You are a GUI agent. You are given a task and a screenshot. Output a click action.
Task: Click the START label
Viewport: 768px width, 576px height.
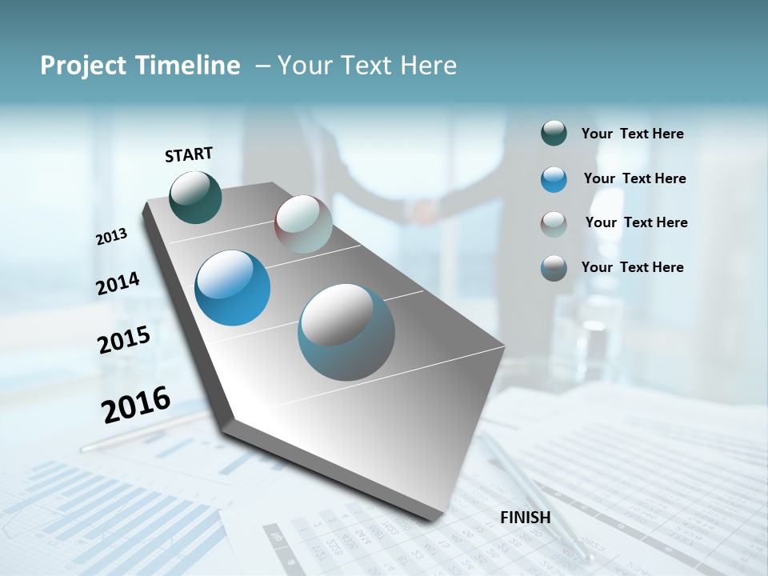pos(189,154)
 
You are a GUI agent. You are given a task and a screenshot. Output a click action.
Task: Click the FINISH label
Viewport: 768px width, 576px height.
pos(526,518)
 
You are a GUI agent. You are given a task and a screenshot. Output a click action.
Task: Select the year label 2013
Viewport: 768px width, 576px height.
pos(111,237)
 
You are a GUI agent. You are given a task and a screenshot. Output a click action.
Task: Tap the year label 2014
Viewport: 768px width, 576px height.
pos(118,283)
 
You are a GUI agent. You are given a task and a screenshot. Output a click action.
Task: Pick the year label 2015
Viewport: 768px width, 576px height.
pos(123,339)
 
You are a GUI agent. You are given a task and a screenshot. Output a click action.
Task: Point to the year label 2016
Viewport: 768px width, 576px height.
pos(136,405)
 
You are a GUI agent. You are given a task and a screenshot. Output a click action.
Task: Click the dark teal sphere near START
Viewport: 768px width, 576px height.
pos(195,197)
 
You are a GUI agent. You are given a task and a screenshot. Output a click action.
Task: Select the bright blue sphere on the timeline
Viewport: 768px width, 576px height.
pos(232,288)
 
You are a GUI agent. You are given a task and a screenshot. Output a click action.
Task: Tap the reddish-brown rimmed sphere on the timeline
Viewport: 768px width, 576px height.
pos(303,224)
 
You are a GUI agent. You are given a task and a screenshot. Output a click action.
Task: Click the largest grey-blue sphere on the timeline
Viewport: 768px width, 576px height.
pos(346,332)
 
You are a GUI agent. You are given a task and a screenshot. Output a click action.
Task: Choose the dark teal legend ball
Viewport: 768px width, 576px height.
pos(554,133)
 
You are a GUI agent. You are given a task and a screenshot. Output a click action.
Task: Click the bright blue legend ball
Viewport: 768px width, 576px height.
pos(554,178)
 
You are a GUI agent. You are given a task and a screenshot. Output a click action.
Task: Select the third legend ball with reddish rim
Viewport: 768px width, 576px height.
pos(554,223)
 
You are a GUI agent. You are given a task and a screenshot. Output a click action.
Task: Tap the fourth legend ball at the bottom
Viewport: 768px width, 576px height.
pos(554,267)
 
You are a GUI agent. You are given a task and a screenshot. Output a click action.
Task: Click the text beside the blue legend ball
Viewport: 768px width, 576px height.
pos(634,178)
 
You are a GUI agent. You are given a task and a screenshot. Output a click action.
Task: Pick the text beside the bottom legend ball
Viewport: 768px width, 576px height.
pos(632,267)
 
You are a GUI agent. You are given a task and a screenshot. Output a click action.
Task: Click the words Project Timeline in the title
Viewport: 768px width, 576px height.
pos(140,66)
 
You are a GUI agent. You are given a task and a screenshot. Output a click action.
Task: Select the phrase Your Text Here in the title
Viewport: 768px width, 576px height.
pos(366,66)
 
